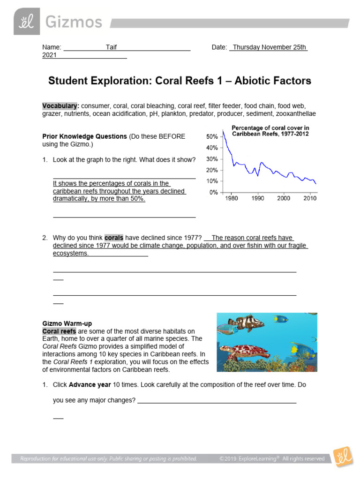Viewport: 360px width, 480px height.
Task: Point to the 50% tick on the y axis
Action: (212, 137)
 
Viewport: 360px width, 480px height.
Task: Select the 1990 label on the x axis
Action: (257, 199)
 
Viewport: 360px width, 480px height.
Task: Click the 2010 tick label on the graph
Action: (309, 199)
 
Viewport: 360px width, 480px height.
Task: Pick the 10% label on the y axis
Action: (212, 181)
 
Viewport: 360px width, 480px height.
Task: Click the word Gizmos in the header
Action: (73, 22)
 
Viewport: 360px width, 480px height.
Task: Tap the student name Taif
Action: (111, 47)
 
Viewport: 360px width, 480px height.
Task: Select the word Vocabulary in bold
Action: (60, 106)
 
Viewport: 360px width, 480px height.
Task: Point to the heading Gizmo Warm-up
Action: (67, 323)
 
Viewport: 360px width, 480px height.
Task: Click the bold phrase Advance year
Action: (90, 384)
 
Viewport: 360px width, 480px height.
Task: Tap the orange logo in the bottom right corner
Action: (343, 457)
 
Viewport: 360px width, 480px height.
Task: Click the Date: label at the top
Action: (219, 47)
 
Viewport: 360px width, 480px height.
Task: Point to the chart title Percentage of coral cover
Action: (270, 128)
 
